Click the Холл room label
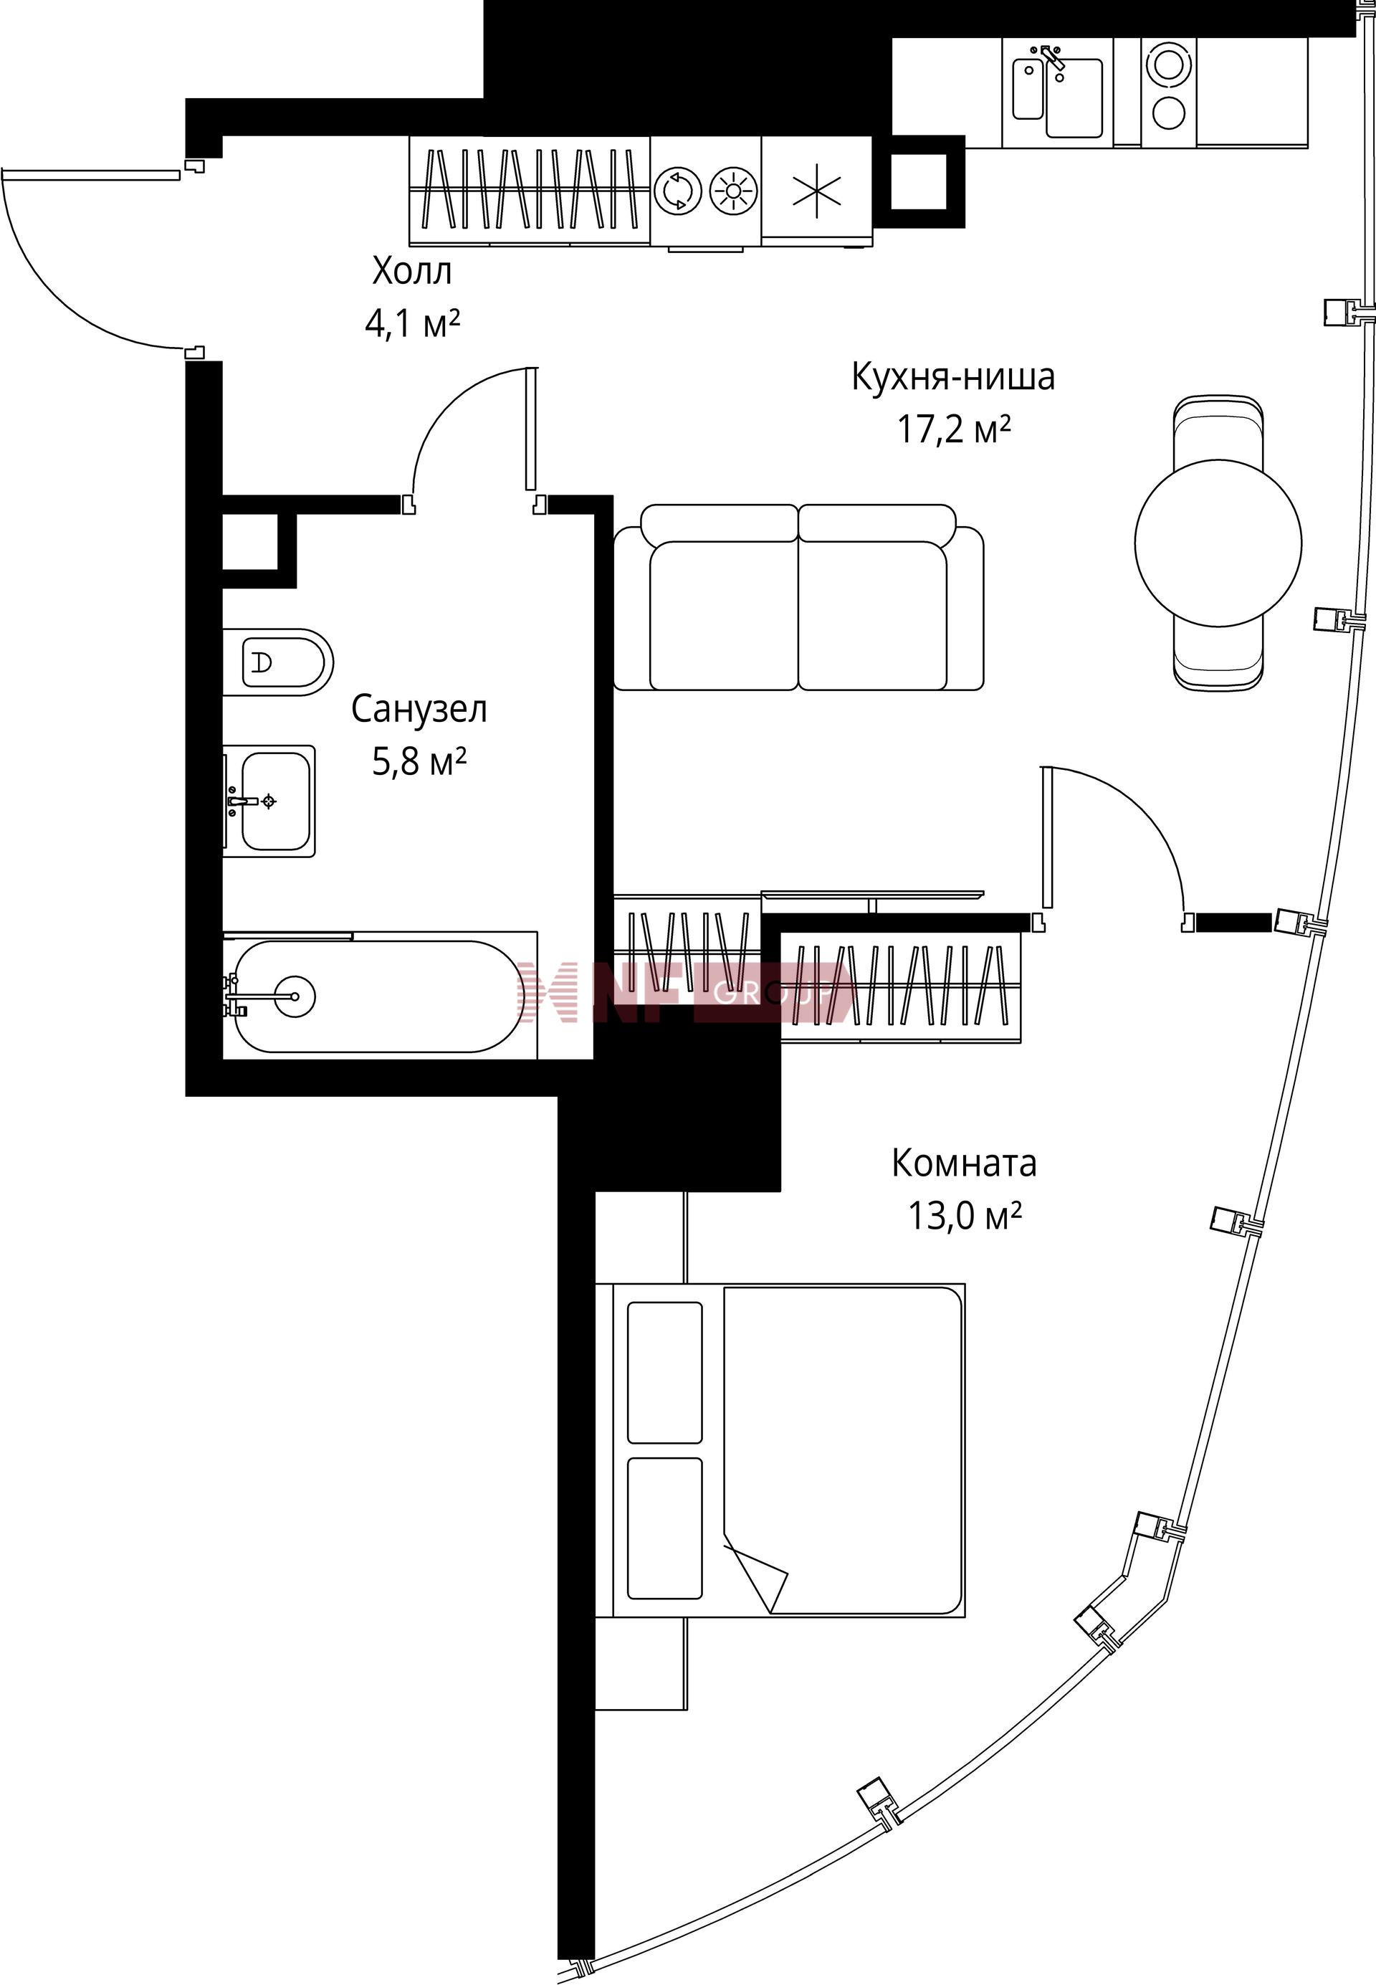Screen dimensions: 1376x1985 [411, 272]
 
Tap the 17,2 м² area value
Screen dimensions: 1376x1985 [954, 429]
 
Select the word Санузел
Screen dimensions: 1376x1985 [419, 710]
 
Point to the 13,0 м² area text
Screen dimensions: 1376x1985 [964, 1216]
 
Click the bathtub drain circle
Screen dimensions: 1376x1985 [294, 996]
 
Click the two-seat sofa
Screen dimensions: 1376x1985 [798, 598]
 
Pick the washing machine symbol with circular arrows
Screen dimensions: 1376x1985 [679, 191]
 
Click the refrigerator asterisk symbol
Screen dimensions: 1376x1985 [816, 191]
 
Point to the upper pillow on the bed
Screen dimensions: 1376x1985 [664, 1373]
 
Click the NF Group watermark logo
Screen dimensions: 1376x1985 [685, 992]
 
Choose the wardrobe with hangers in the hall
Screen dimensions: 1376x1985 [530, 191]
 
